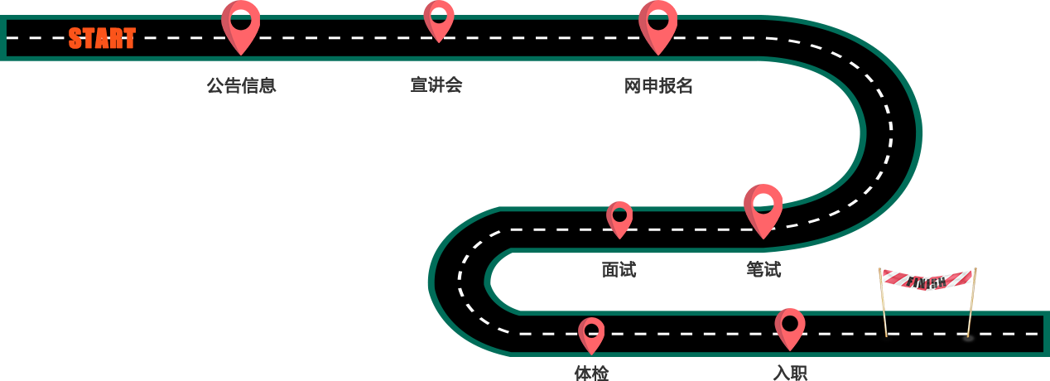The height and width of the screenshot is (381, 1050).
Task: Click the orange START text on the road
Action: click(x=102, y=38)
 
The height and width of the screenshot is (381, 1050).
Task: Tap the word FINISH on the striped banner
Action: click(x=927, y=282)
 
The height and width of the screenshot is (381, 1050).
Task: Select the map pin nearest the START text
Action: click(x=240, y=25)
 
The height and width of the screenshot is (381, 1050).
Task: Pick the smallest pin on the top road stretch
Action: click(x=438, y=19)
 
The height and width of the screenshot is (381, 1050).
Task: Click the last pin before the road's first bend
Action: click(x=657, y=25)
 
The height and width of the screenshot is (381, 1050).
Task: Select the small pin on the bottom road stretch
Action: click(x=591, y=334)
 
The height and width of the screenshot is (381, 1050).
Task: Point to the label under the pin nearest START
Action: click(x=241, y=84)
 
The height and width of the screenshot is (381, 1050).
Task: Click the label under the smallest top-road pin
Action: click(x=436, y=84)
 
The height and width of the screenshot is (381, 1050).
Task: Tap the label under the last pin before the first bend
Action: click(x=658, y=84)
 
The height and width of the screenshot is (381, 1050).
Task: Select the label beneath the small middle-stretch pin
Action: click(x=619, y=269)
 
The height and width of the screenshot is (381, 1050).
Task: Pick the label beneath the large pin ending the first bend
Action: click(x=763, y=269)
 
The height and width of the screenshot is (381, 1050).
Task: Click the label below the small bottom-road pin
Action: click(x=591, y=373)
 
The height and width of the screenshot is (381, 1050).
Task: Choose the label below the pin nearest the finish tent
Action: click(x=790, y=373)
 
